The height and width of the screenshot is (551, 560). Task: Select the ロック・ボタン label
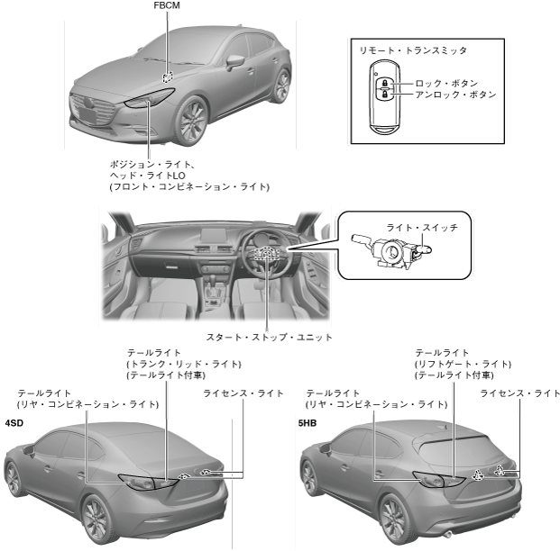pos(445,83)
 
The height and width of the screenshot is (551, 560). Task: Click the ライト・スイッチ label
pos(421,229)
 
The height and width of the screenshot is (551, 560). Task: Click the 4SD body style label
pos(14,421)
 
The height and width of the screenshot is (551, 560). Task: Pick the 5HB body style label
pos(308,421)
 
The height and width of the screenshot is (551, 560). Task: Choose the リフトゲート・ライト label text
pos(463,363)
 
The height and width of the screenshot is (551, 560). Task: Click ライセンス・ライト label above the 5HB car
pos(519,393)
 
